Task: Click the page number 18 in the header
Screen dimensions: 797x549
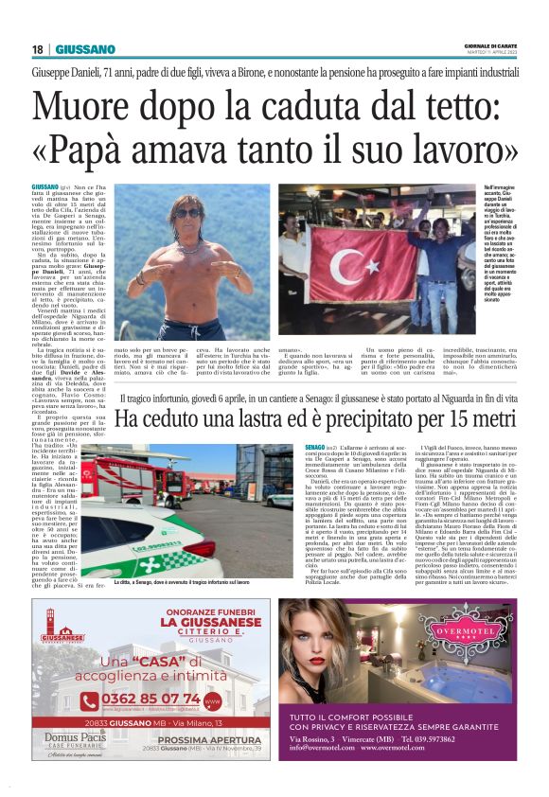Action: point(38,49)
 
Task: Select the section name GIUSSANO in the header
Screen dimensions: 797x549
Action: point(84,49)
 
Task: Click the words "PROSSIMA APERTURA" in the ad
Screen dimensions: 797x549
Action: point(208,765)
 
